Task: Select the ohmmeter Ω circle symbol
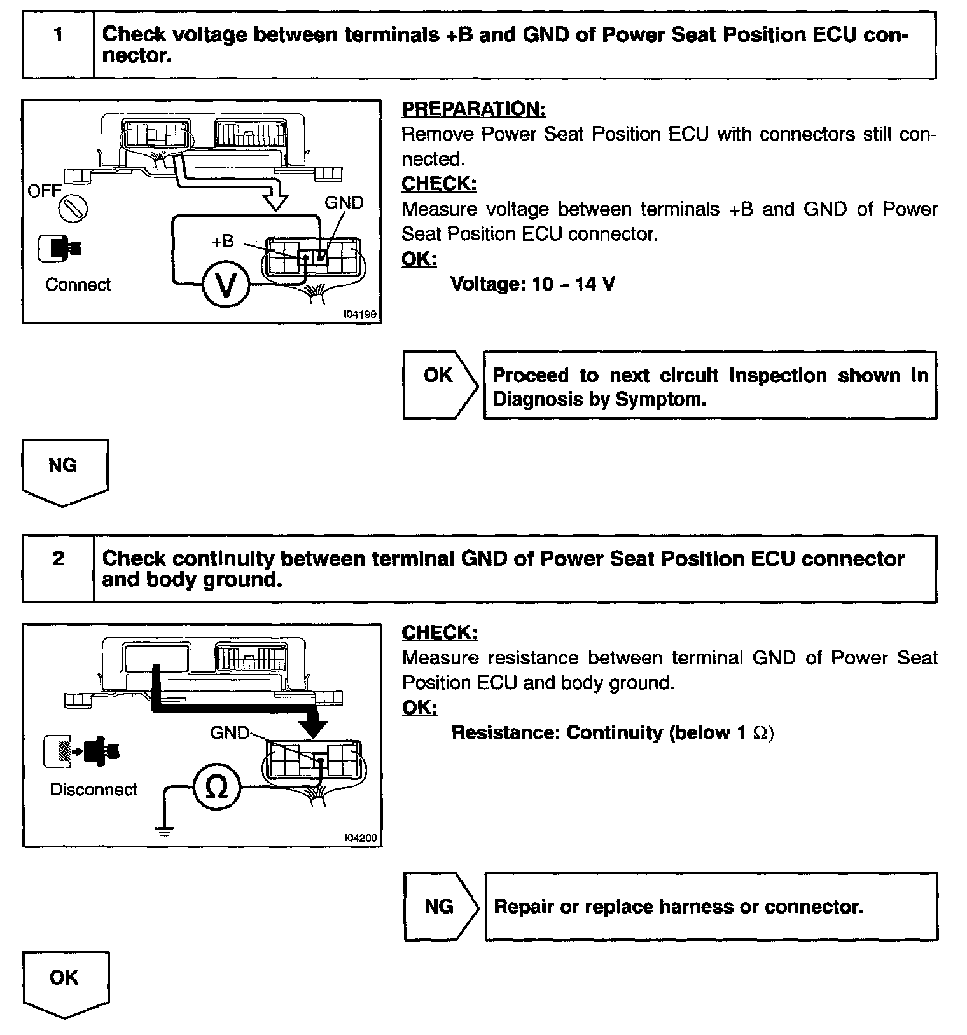pos(217,788)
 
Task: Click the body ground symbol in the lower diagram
pos(164,829)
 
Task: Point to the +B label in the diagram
pos(223,242)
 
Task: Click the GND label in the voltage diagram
pos(344,203)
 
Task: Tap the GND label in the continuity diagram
pos(230,733)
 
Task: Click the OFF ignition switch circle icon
pos(73,209)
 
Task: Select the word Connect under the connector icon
pos(78,284)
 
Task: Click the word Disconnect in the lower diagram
pos(94,789)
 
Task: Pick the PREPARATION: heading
pos(473,109)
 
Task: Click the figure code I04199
pos(359,314)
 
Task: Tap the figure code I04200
pos(360,838)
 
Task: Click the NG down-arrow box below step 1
pos(64,470)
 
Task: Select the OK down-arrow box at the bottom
pos(65,982)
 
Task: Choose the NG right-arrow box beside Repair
pos(440,906)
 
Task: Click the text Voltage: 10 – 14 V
pos(532,284)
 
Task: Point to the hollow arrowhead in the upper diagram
pos(275,202)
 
